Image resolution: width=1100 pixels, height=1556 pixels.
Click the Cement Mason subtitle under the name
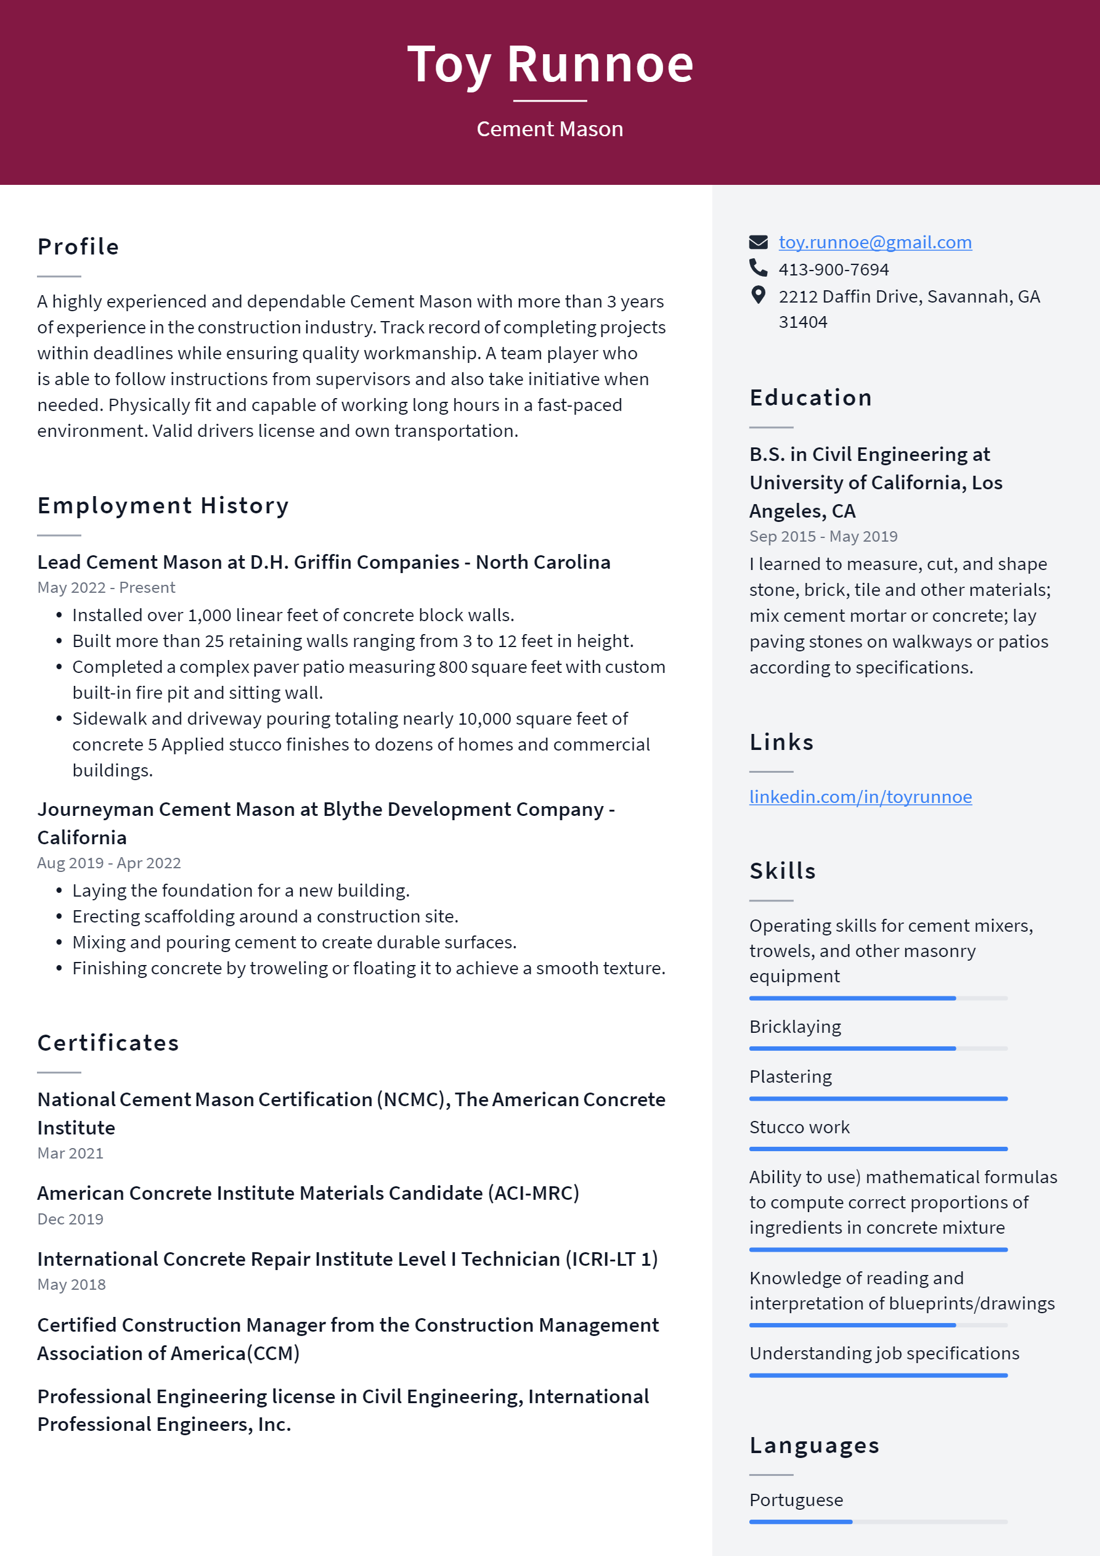coord(550,129)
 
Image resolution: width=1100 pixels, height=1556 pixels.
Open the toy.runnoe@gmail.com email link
coord(874,242)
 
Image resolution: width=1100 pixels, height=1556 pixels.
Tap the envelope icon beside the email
coord(758,242)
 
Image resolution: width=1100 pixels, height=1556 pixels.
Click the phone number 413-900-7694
coord(833,269)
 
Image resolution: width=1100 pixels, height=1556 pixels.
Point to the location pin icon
coord(758,295)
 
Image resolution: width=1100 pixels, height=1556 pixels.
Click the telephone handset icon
coord(758,267)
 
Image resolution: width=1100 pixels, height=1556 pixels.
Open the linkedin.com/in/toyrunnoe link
coord(860,796)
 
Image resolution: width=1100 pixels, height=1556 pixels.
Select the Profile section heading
coord(78,246)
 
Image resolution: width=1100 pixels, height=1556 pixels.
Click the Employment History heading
coord(163,505)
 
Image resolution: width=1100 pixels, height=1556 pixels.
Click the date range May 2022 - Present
coord(106,587)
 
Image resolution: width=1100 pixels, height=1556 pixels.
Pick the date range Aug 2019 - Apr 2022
coord(108,863)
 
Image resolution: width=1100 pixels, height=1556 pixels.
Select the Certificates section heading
coord(108,1043)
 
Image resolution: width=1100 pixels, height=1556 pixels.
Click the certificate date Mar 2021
coord(70,1154)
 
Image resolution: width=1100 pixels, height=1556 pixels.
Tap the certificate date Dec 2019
coord(70,1219)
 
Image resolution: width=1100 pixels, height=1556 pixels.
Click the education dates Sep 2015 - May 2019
coord(823,536)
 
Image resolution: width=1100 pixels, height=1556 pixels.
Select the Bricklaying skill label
coord(794,1027)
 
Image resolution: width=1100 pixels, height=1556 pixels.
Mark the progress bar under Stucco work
coord(878,1149)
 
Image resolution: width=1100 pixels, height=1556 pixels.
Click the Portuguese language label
coord(796,1500)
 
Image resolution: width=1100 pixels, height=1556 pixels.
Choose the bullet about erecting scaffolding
coord(265,916)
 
